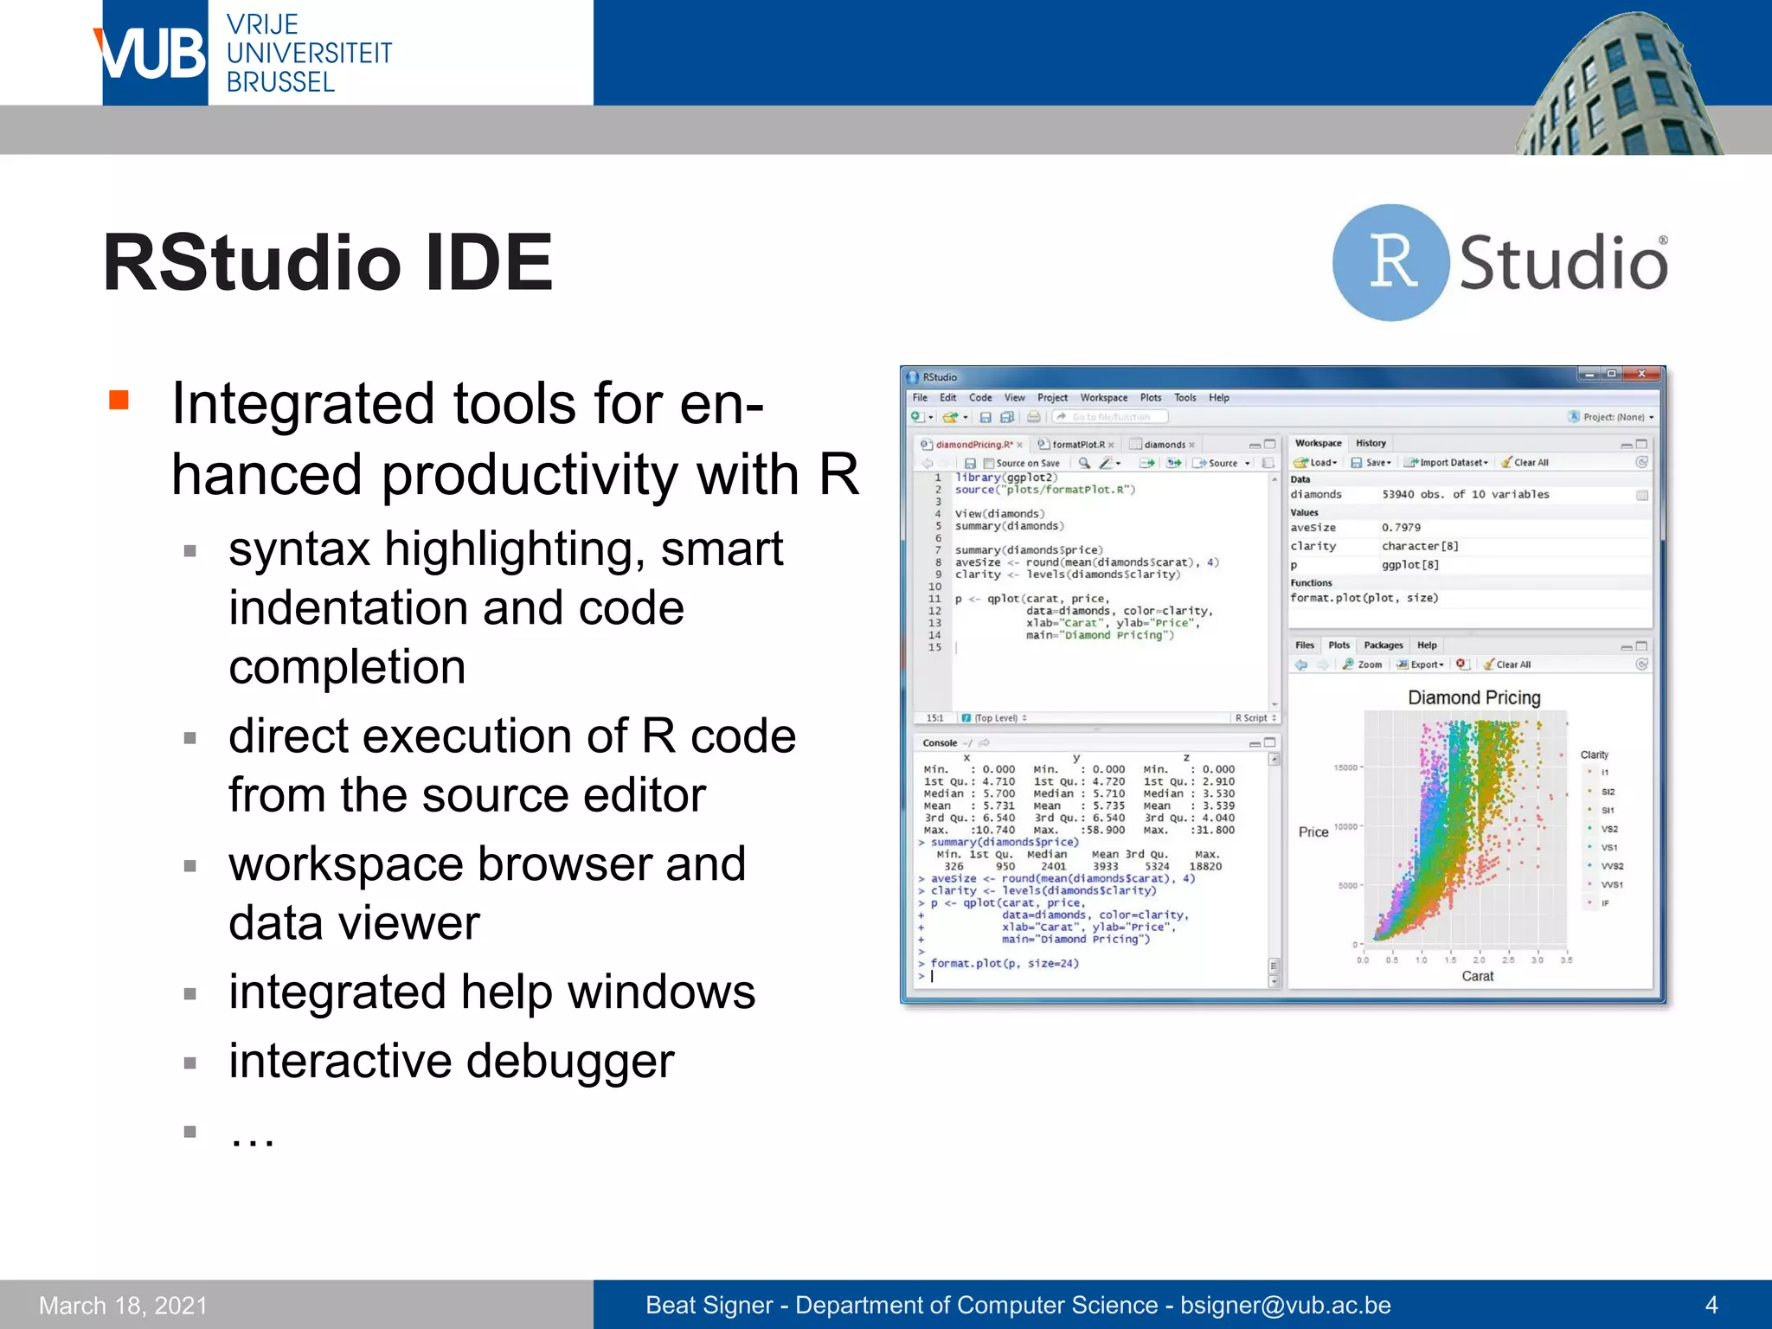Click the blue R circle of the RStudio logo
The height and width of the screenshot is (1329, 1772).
pos(1390,262)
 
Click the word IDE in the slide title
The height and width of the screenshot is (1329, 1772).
pos(489,262)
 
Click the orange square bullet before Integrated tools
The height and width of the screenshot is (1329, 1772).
pos(119,400)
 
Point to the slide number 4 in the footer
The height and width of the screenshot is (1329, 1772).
pos(1711,1305)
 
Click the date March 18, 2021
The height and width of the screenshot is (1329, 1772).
pos(123,1305)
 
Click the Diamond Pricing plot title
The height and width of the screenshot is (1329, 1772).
pos(1473,697)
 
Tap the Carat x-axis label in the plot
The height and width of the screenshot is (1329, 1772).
pos(1477,976)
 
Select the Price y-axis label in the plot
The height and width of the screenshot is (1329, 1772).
pos(1313,831)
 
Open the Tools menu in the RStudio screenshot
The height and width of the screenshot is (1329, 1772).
pos(1185,398)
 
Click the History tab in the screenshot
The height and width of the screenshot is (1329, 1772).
pos(1371,443)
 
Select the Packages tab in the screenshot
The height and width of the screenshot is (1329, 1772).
pos(1383,645)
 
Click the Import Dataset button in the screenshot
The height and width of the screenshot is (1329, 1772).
pos(1451,463)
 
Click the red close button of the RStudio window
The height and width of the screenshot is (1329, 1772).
pos(1641,375)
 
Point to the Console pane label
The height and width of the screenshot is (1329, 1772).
pos(939,743)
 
